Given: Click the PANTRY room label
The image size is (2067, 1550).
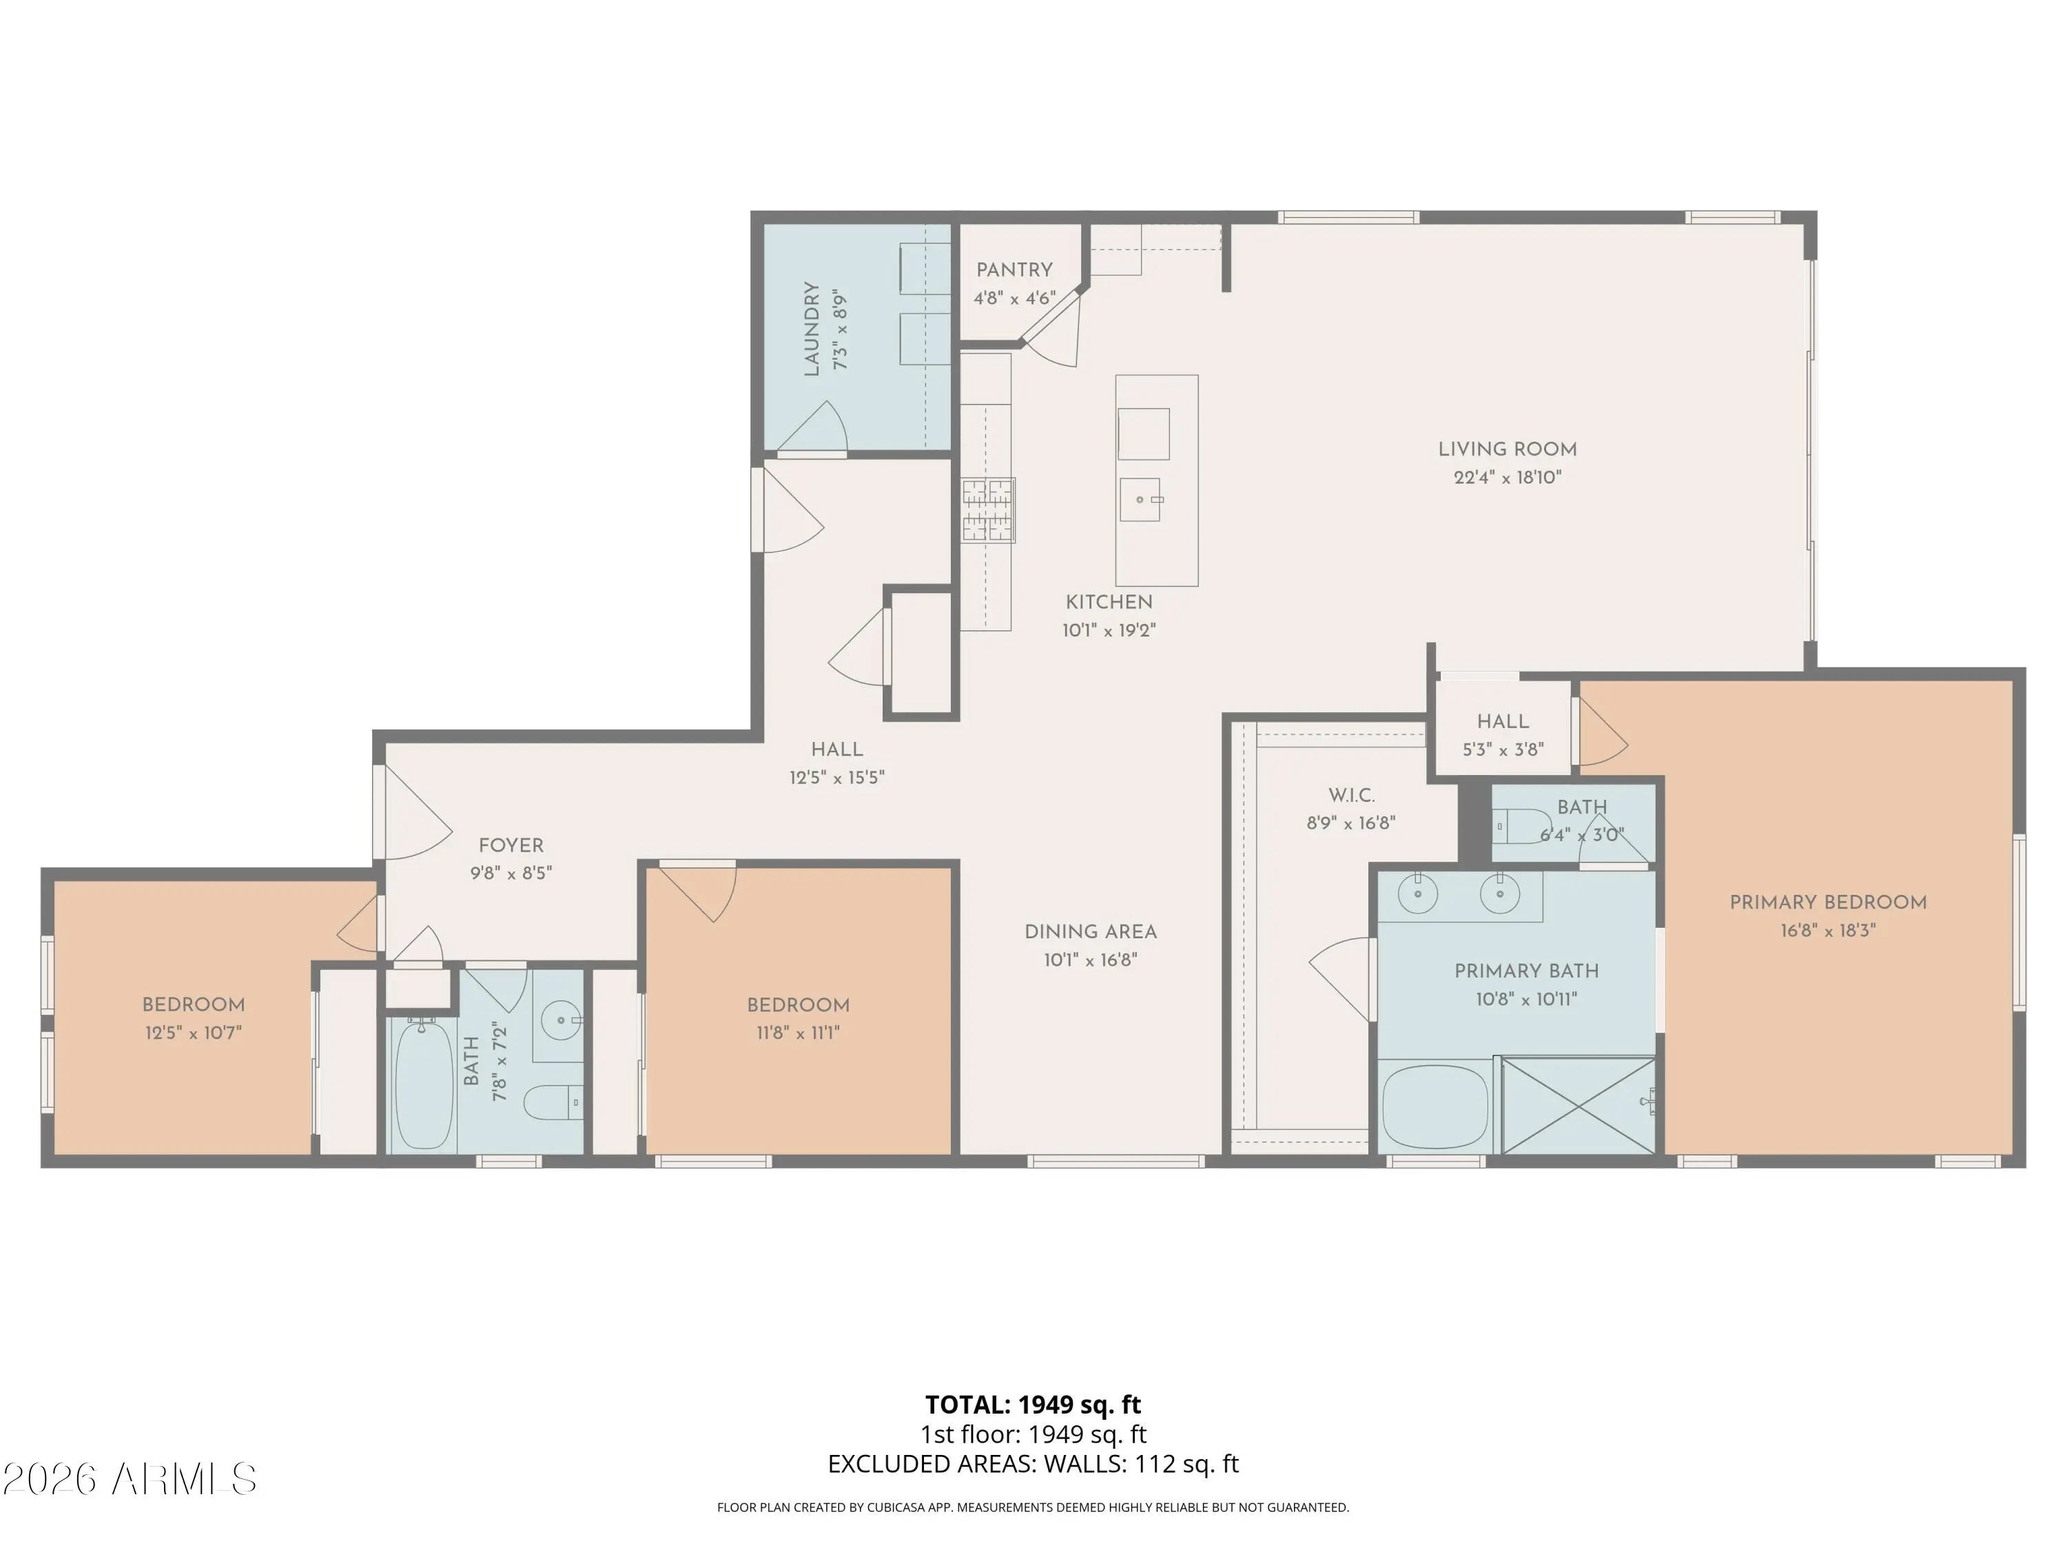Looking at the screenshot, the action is pos(1014,270).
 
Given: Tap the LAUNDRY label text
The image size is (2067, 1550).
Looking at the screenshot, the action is pos(811,329).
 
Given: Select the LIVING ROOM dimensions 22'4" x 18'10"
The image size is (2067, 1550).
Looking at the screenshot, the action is pos(1508,477).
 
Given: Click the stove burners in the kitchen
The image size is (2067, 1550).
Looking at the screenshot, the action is pos(988,510).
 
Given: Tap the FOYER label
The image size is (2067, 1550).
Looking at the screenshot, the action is pos(511,845).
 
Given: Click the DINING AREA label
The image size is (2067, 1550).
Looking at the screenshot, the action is pos(1091,931).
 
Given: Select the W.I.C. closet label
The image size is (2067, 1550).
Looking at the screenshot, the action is pos(1351,795).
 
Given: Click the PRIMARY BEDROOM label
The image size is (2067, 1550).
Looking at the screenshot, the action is pos(1828,902).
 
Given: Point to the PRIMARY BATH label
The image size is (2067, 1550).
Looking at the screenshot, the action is pos(1526,971).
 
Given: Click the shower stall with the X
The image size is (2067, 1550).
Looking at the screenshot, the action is pos(1576,1104).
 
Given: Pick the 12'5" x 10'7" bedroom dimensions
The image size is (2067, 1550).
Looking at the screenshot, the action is pos(194,1033).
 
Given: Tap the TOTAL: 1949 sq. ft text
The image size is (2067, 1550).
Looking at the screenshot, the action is pos(1033,1404).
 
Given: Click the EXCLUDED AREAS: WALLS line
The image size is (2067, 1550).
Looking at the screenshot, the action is pos(1033,1463).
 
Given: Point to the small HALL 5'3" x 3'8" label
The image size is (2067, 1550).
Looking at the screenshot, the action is pos(1503,735).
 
